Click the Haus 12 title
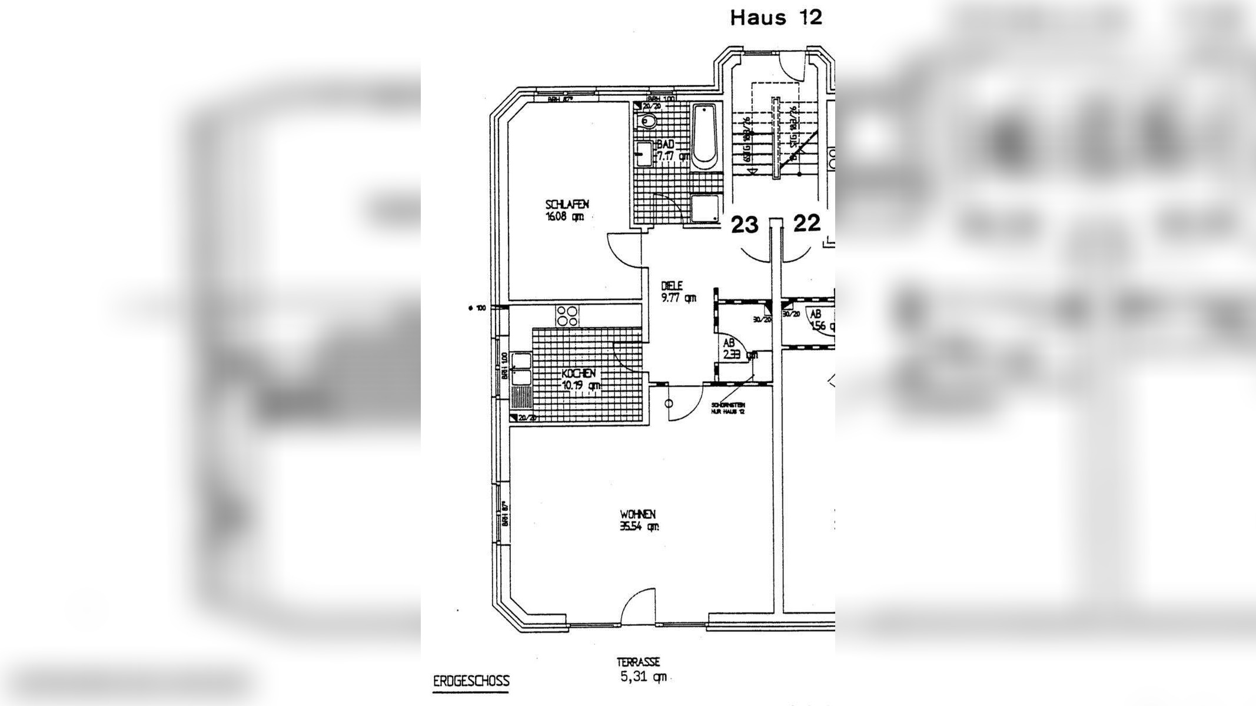(x=775, y=18)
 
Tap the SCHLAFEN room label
(x=567, y=204)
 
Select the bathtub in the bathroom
(x=704, y=136)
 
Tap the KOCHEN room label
(x=579, y=374)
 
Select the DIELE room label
(x=672, y=286)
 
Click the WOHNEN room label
(x=637, y=514)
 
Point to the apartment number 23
(x=745, y=225)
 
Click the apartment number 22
(x=806, y=224)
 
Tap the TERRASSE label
(x=638, y=662)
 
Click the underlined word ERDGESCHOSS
(x=471, y=682)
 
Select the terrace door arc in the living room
(x=638, y=607)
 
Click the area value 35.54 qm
(x=639, y=527)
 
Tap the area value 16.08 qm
(x=564, y=216)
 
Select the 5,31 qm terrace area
(x=643, y=677)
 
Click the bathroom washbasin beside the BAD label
(x=643, y=154)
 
